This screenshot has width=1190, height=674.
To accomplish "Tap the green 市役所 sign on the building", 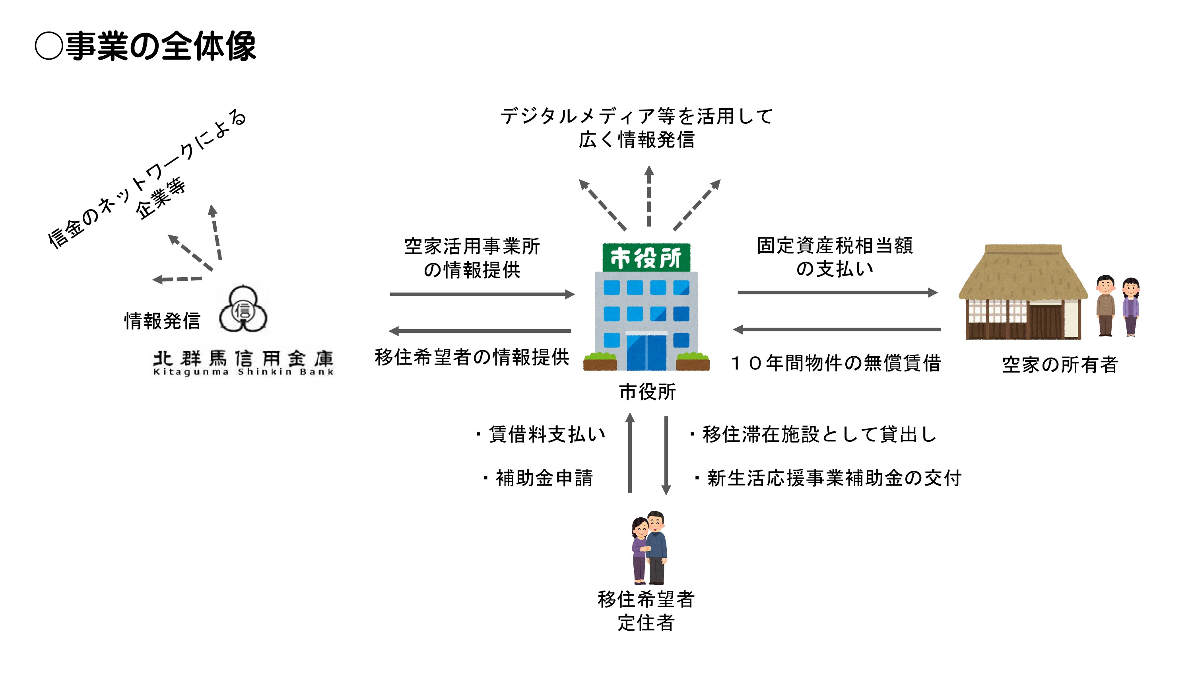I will click(646, 257).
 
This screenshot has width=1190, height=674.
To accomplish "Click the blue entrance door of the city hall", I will click(646, 352).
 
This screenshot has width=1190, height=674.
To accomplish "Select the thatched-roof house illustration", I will click(1023, 293).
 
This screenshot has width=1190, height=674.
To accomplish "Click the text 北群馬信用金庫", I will click(243, 359).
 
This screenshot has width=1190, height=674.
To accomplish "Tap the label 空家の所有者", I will click(1060, 365).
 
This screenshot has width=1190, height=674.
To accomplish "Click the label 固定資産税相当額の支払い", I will click(835, 257).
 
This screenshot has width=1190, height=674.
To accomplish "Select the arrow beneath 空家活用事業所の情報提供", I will click(481, 294).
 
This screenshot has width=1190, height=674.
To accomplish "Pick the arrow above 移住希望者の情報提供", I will click(480, 331).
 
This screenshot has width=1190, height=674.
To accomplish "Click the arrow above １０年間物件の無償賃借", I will click(837, 330).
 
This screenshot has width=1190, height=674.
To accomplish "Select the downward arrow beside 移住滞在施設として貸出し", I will click(666, 456).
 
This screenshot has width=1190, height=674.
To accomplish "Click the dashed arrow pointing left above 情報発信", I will click(177, 279).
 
